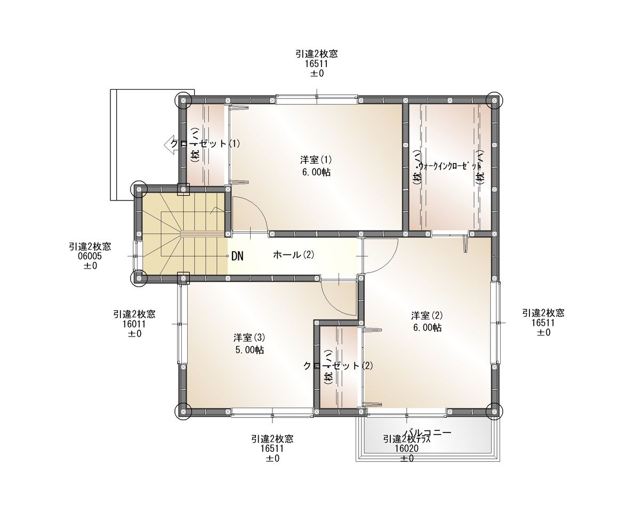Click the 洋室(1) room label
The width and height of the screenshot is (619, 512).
[x=316, y=159]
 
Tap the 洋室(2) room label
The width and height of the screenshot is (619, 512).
[x=427, y=315]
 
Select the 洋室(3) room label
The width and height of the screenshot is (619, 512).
[x=249, y=338]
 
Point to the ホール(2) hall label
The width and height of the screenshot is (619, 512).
[x=293, y=255]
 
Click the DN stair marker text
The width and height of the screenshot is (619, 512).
[x=237, y=257]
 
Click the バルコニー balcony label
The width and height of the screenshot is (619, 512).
[x=428, y=433]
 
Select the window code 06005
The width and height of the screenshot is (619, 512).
[x=90, y=256]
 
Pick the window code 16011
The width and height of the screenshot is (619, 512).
[x=134, y=324]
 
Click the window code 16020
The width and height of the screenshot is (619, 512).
[x=406, y=449]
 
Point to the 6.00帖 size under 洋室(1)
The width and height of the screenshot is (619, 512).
[x=316, y=172]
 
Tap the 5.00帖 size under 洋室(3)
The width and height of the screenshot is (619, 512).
[x=249, y=350]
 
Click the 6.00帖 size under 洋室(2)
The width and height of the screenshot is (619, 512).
[x=427, y=327]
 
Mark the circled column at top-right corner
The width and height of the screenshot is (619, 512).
[x=494, y=100]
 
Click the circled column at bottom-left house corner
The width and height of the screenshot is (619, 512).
[x=182, y=410]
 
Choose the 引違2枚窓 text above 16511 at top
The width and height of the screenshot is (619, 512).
[x=317, y=53]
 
